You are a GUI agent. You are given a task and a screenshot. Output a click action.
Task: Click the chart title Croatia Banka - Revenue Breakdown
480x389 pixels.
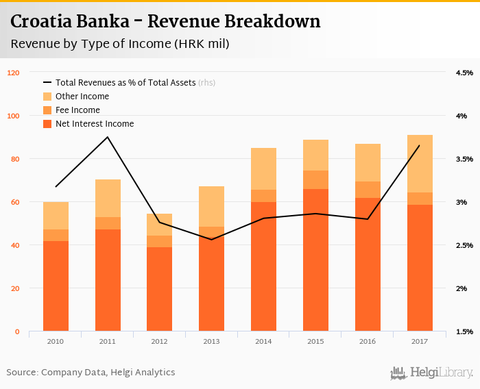coord(165,22)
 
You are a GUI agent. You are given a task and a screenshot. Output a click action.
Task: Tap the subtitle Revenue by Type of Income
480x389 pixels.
coord(119,44)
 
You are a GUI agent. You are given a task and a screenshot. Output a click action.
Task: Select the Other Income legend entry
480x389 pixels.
coord(82,97)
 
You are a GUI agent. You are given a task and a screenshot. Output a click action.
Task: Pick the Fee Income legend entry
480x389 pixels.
coord(77,110)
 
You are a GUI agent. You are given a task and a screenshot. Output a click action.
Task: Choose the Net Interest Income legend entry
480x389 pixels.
coord(94,124)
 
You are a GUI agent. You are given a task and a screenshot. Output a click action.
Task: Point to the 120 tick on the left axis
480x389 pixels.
coord(14,73)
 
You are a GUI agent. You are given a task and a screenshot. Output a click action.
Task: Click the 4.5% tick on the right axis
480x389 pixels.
coord(464,73)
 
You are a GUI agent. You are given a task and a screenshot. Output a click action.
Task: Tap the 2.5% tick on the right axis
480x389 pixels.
coord(464,245)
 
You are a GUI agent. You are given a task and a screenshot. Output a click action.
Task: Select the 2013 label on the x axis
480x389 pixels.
coord(212,341)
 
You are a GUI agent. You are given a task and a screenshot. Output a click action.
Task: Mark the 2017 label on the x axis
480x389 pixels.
coord(420,341)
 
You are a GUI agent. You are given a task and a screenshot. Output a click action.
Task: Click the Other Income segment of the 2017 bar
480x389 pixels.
coord(420,164)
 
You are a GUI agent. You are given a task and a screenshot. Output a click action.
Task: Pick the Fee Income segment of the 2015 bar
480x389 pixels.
coord(315,179)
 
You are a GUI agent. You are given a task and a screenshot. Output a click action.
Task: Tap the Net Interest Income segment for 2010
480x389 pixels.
coord(56,286)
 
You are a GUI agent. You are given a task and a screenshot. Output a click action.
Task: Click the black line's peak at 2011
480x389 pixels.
coord(108,137)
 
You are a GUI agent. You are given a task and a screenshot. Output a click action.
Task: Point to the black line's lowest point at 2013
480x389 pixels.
coord(212,240)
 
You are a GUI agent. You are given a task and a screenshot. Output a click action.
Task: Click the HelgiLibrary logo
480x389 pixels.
coord(432,373)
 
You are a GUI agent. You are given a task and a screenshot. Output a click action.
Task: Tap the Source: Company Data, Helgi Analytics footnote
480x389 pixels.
coord(91,373)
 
